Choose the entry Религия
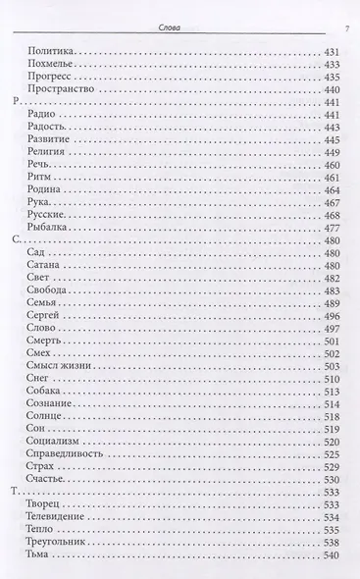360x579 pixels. tap(54, 156)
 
